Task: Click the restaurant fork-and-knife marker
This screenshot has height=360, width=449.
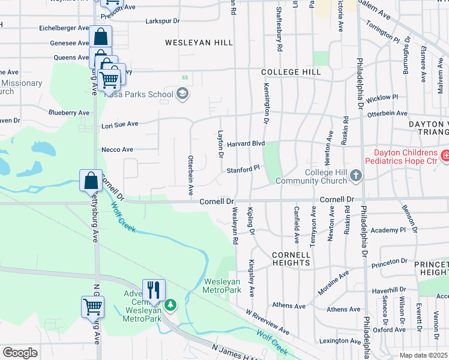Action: click(x=154, y=290)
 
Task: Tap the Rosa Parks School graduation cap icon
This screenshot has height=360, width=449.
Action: click(x=182, y=94)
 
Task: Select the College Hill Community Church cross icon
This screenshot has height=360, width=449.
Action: click(x=357, y=176)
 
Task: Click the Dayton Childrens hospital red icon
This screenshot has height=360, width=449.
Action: click(x=445, y=157)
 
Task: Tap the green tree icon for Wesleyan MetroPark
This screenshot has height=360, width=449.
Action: click(x=171, y=305)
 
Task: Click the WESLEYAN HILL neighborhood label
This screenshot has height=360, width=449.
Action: click(x=190, y=43)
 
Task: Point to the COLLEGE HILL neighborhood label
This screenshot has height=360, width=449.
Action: click(x=288, y=72)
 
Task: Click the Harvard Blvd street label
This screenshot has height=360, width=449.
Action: click(x=245, y=143)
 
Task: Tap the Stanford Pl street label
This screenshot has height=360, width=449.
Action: click(x=242, y=170)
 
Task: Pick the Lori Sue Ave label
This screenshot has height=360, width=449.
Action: click(x=120, y=124)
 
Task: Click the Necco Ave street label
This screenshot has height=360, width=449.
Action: click(x=117, y=149)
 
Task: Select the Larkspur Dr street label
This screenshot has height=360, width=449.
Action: click(x=163, y=21)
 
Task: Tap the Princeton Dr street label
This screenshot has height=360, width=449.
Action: click(x=389, y=262)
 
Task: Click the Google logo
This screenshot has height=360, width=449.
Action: click(x=20, y=352)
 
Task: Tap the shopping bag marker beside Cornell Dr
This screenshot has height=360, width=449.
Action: click(x=90, y=180)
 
